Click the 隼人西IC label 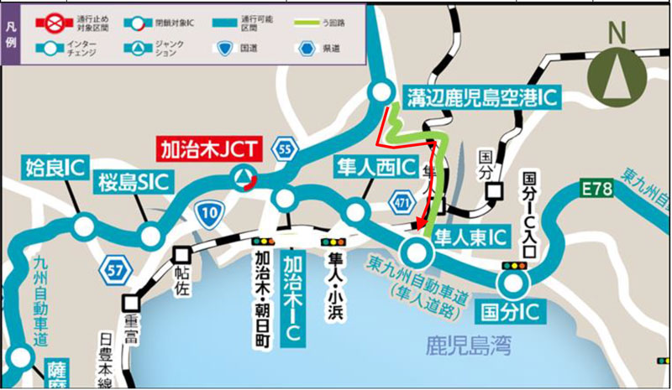(x=375, y=165)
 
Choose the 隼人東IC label (x=470, y=238)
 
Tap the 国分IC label (x=510, y=313)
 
